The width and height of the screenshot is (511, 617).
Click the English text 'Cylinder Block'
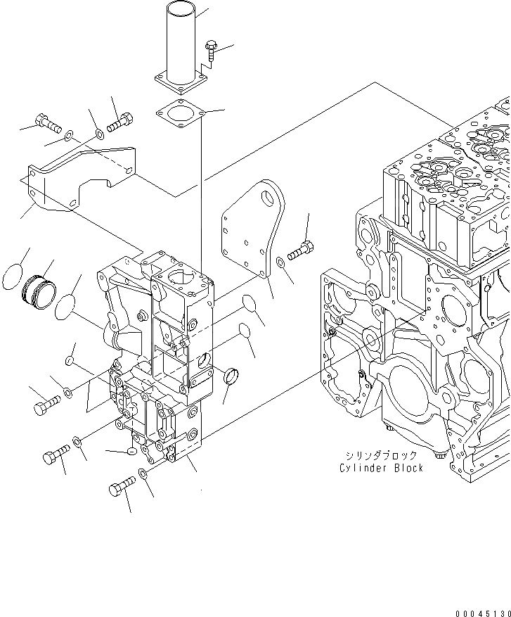tap(382, 469)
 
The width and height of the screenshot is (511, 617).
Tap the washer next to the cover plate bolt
tap(280, 262)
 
